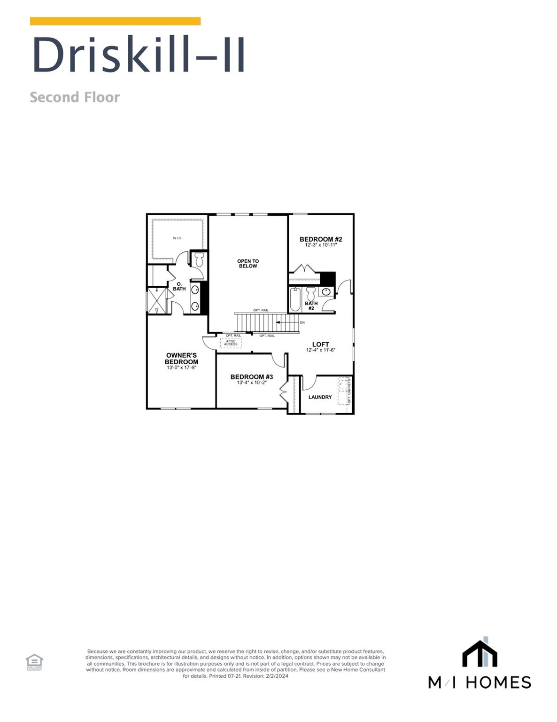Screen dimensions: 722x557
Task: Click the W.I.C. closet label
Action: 177,238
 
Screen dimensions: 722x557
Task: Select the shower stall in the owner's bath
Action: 156,301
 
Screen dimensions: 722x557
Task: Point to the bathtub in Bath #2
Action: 295,299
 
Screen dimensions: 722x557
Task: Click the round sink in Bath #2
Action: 326,292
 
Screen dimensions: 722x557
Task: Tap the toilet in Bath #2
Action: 310,294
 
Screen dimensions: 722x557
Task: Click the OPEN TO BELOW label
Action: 248,264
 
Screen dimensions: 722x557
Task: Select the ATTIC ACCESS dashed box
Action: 231,343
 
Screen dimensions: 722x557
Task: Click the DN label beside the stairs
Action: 302,322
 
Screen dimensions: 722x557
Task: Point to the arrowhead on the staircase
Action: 278,322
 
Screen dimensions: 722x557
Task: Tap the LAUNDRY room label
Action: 320,397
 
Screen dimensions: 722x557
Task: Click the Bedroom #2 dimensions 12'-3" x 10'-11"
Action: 321,245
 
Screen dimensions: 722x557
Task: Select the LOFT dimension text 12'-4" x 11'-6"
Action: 321,350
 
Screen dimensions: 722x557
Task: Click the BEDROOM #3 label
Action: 252,377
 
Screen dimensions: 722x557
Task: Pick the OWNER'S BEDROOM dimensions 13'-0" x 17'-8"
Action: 181,368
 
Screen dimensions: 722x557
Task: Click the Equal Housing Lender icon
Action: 34,662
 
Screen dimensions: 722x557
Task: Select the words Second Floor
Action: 75,97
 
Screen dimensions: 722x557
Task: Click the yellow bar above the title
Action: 115,21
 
